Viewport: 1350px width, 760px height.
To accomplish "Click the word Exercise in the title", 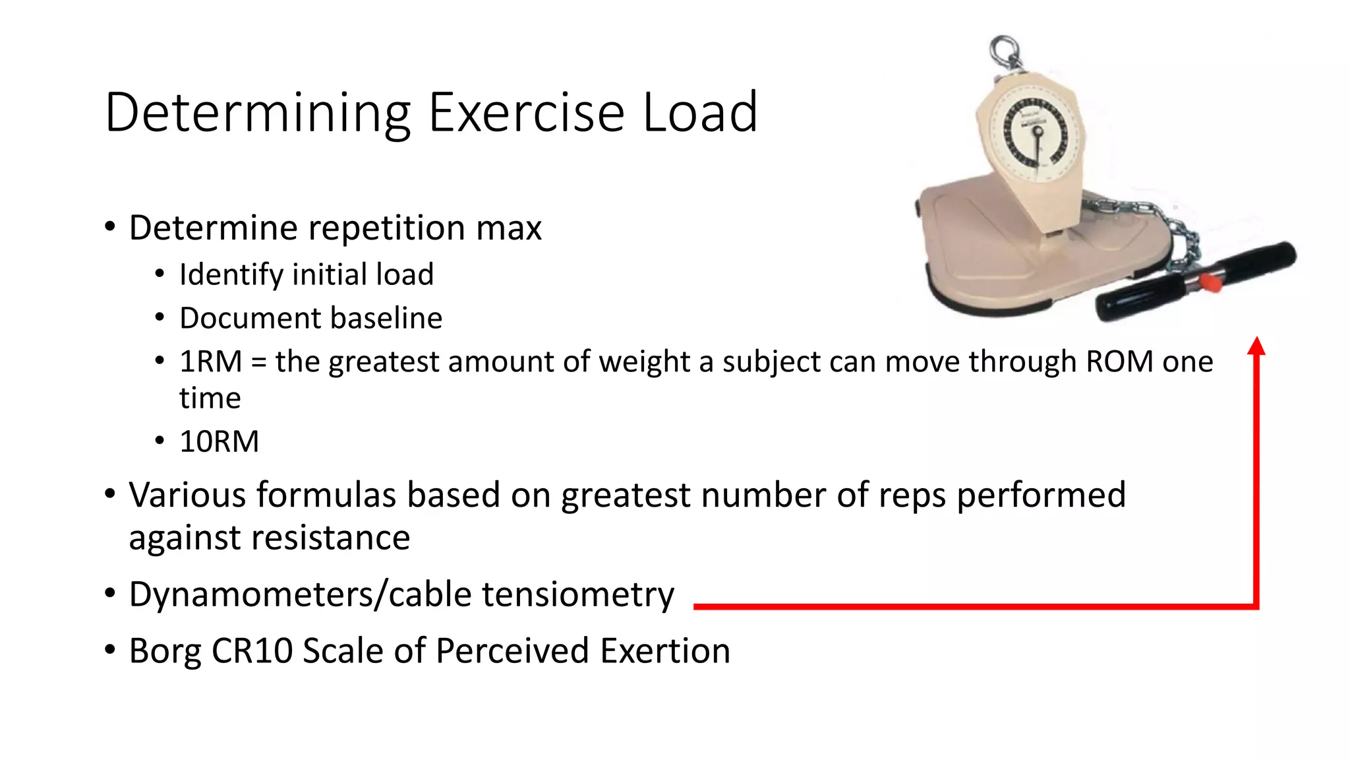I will click(x=525, y=112).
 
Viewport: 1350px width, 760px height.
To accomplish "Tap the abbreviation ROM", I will click(x=1119, y=362).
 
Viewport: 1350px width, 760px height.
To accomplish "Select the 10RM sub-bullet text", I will click(x=220, y=441).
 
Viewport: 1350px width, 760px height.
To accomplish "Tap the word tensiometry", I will click(x=578, y=594).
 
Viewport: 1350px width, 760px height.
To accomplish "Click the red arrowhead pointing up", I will click(x=1256, y=346).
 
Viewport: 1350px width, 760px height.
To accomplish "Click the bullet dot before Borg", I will click(x=110, y=650).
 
